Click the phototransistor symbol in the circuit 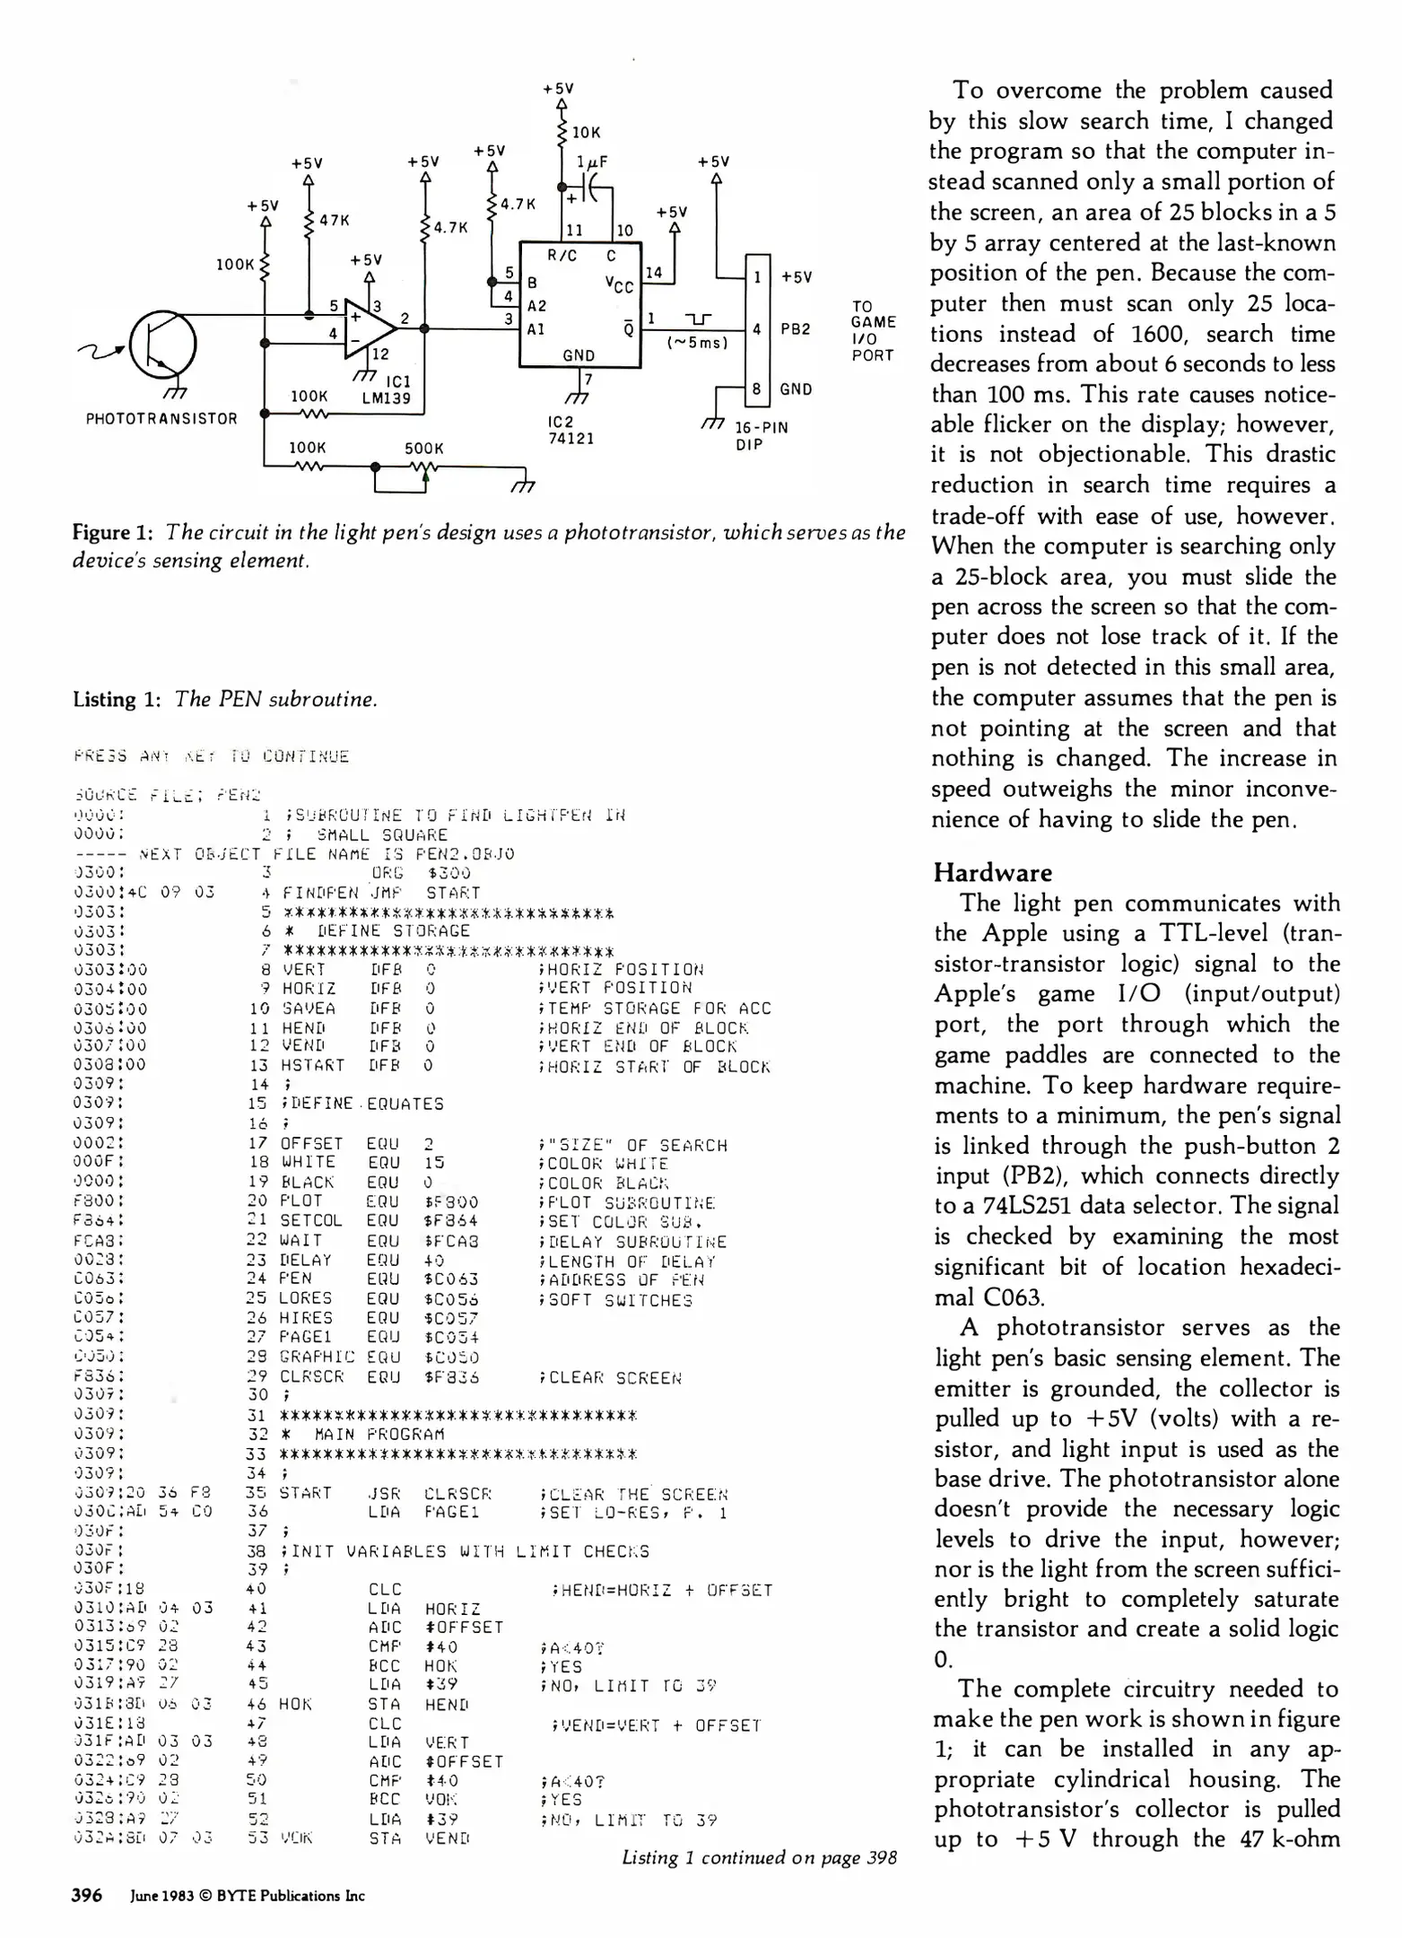[x=162, y=345]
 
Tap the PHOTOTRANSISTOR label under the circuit [x=161, y=419]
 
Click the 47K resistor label [x=335, y=220]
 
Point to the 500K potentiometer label [x=423, y=449]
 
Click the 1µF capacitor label [x=592, y=162]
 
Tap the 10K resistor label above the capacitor [x=586, y=132]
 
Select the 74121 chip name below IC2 [x=571, y=439]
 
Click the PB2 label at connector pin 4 [x=796, y=329]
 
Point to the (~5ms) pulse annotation [x=697, y=343]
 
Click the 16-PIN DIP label [x=761, y=436]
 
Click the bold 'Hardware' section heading [x=992, y=873]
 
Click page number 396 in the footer [x=87, y=1895]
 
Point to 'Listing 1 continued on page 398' [x=759, y=1857]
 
